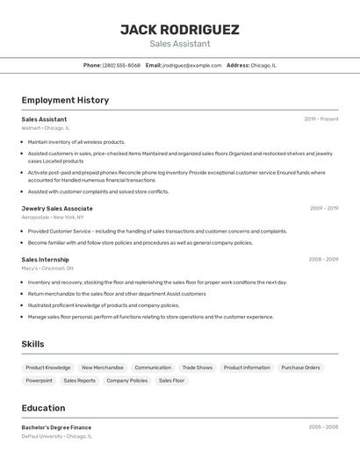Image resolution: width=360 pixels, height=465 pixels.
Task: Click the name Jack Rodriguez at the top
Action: click(179, 29)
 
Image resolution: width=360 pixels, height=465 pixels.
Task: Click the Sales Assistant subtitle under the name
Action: click(179, 43)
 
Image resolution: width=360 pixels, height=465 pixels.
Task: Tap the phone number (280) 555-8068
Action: click(121, 65)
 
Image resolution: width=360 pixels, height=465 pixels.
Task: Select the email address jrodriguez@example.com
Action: click(191, 65)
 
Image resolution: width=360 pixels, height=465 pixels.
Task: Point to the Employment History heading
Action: click(65, 100)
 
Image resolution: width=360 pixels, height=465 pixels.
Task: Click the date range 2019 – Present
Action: click(320, 118)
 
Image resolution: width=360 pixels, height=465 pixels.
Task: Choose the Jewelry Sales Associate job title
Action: click(57, 208)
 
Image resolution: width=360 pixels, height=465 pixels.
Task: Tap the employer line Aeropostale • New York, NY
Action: click(53, 217)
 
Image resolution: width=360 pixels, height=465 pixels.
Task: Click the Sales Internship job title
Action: click(45, 259)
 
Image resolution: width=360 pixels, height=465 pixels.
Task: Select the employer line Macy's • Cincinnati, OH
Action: click(47, 268)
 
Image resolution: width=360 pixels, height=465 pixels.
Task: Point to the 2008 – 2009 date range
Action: click(323, 259)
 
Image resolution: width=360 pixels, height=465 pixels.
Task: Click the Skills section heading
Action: click(32, 344)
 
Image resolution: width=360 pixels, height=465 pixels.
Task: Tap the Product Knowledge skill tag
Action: click(48, 368)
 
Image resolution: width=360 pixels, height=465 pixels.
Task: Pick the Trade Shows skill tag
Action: click(198, 368)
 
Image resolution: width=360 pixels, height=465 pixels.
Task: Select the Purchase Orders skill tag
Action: click(300, 368)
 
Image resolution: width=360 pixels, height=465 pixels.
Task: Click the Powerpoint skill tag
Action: click(39, 381)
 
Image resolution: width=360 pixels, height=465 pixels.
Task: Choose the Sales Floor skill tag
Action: click(172, 381)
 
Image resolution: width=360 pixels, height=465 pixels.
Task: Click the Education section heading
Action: click(43, 408)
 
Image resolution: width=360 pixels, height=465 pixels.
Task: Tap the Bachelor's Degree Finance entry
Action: click(56, 427)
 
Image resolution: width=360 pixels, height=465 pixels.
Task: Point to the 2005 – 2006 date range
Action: click(323, 427)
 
